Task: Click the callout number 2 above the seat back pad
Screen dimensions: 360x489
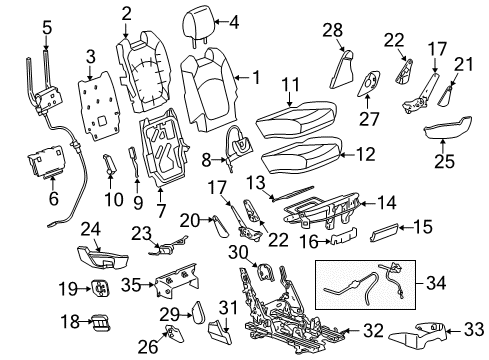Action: pyautogui.click(x=127, y=14)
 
